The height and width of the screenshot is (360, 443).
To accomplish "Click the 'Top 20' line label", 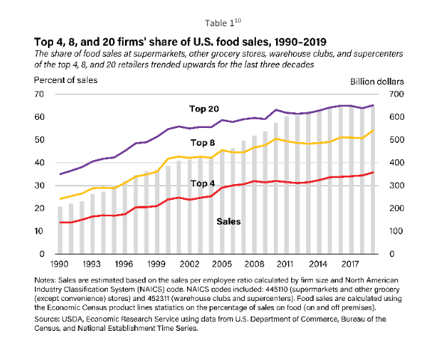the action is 204,109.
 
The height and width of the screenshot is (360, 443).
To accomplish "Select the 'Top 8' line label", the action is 203,143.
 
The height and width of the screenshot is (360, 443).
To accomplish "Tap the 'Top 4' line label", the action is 203,183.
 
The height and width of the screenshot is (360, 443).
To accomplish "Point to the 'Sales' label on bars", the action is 228,222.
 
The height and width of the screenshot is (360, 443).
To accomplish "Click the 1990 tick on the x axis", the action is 59,264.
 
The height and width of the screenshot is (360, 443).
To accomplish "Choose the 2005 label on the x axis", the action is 221,264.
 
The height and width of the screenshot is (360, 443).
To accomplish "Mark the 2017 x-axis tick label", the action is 350,264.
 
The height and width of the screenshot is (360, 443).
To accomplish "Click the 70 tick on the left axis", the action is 39,94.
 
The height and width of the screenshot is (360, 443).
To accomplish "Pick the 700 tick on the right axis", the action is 397,94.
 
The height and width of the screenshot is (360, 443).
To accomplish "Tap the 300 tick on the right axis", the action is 397,186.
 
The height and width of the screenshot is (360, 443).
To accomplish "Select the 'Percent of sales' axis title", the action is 66,80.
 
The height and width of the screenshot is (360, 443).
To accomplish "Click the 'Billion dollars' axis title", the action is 377,82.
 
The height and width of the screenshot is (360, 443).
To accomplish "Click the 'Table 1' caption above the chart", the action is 220,23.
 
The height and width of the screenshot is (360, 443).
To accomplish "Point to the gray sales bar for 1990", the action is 60,230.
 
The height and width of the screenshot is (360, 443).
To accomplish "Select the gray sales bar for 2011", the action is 287,185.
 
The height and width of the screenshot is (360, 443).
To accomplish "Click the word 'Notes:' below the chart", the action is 45,280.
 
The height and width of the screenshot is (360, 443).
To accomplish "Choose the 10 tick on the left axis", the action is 39,231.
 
